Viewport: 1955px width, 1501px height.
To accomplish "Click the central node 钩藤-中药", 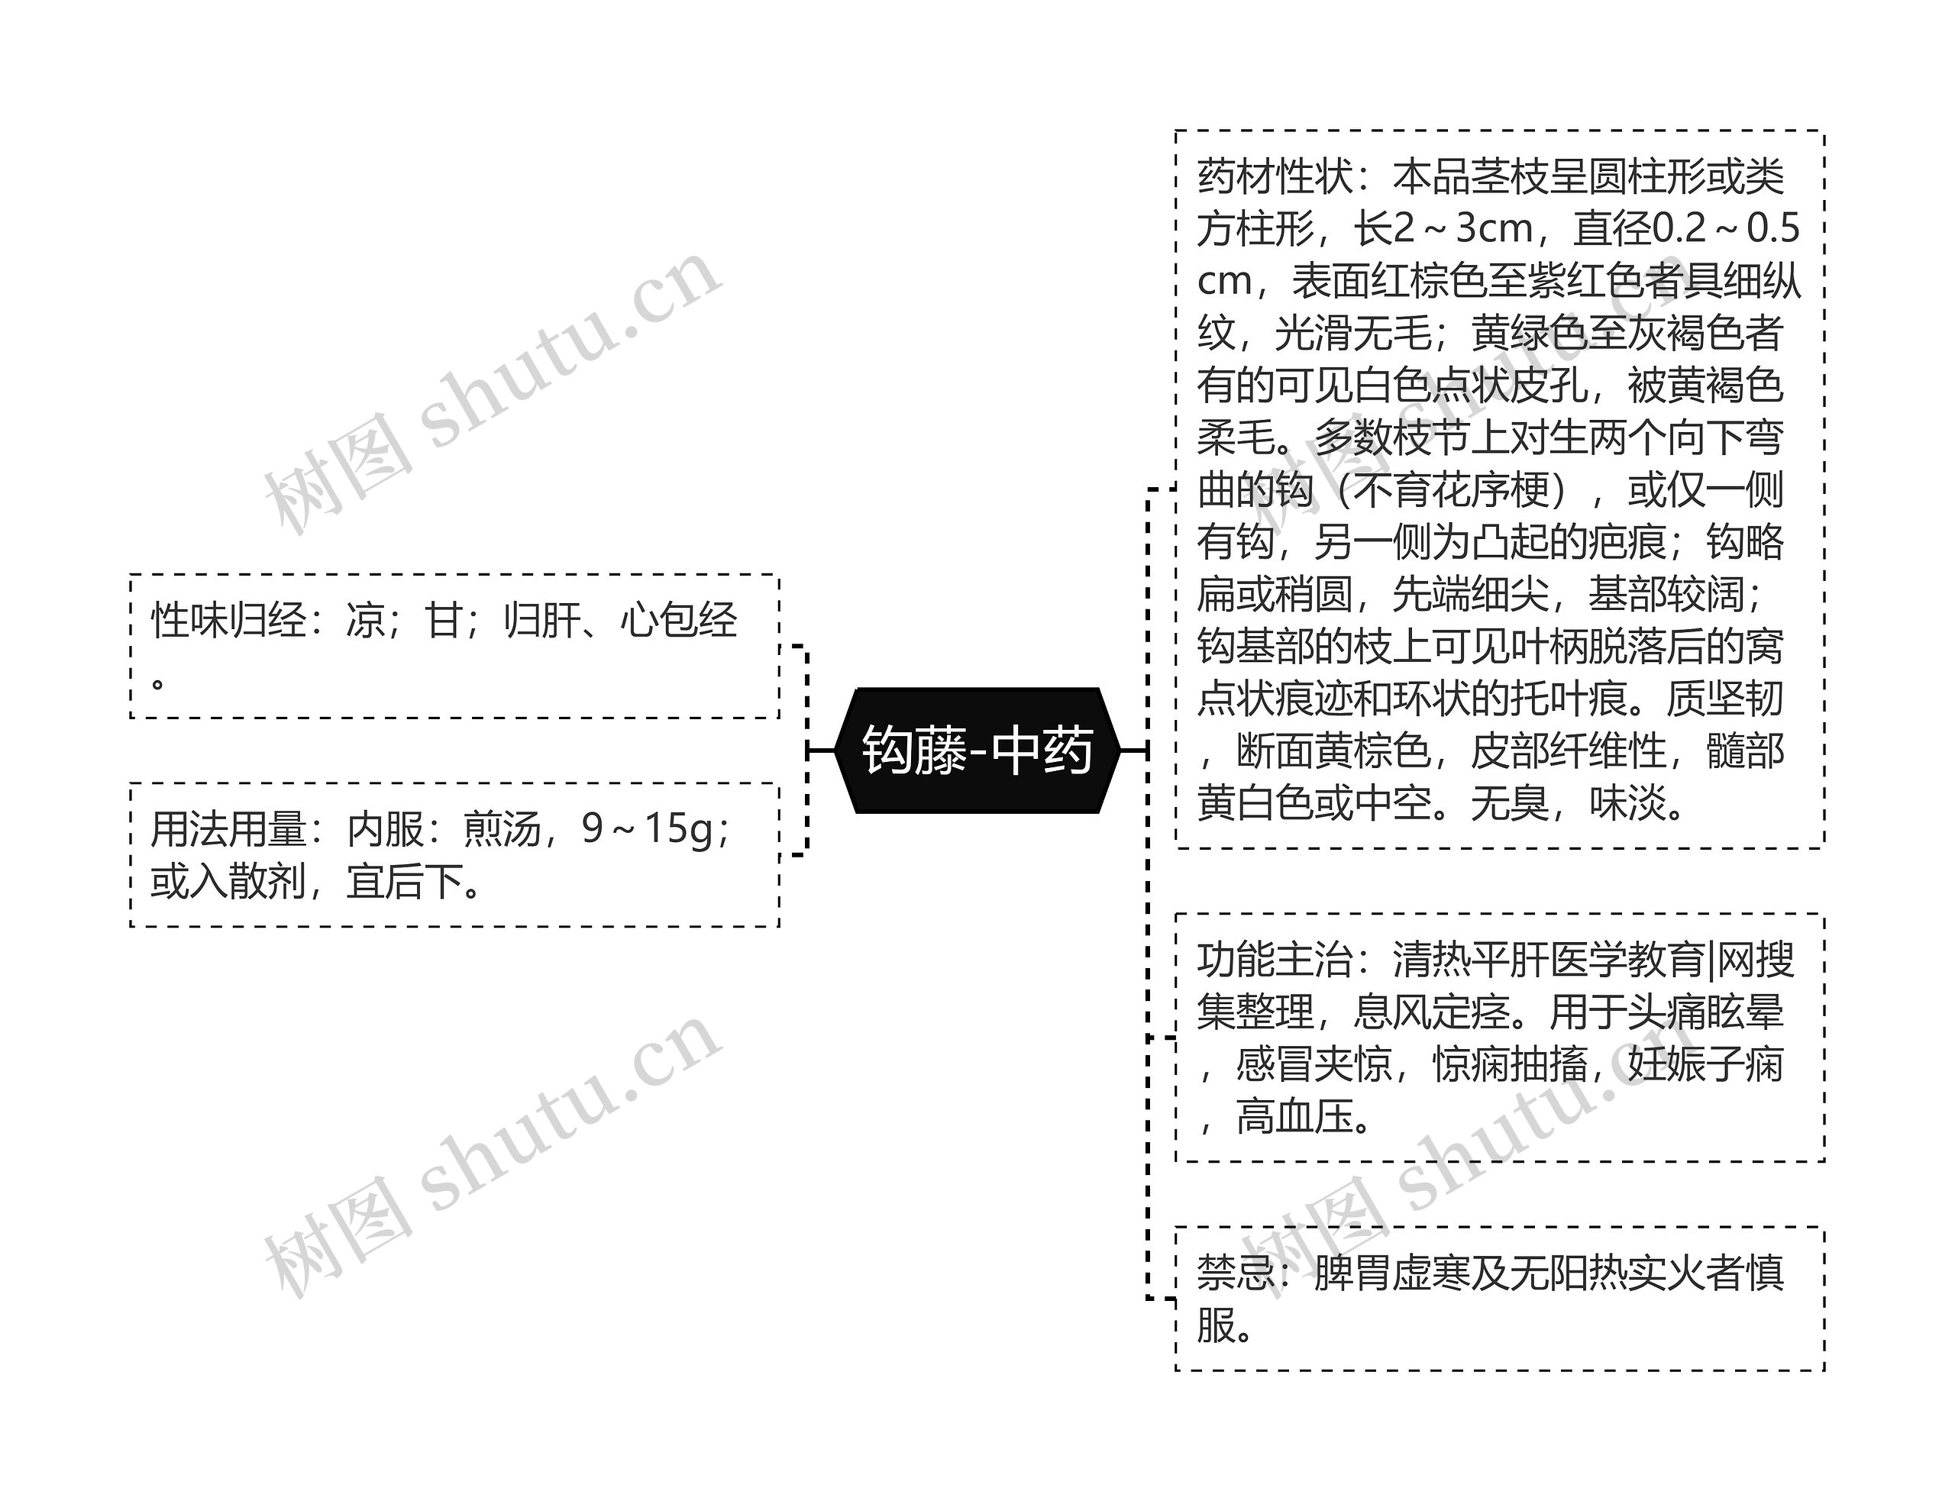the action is (977, 750).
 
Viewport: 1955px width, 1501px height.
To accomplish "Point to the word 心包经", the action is (678, 620).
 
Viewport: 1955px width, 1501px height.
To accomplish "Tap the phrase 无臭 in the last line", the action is (1509, 803).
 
